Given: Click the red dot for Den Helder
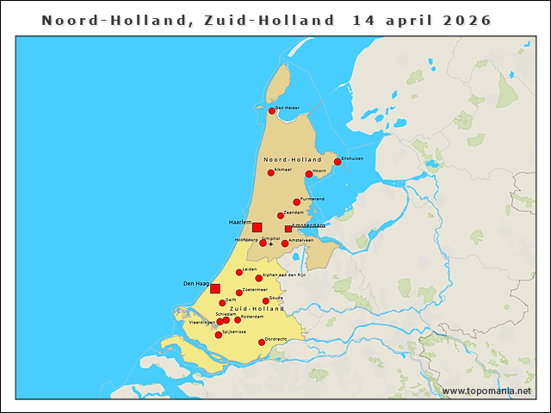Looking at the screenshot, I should [x=272, y=111].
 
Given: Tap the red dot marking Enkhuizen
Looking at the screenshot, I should [x=337, y=162].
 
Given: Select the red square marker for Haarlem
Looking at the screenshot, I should [x=257, y=227].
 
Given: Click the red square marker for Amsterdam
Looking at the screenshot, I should [x=288, y=229].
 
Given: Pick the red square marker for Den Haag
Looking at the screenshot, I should [x=215, y=288].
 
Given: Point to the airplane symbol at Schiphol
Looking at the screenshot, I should [x=271, y=243].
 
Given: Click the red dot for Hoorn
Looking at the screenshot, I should [x=309, y=174].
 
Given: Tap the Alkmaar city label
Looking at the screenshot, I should [x=282, y=170].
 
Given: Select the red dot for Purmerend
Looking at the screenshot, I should [x=296, y=202].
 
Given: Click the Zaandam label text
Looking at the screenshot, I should [x=294, y=212].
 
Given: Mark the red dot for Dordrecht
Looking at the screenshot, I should [x=262, y=342].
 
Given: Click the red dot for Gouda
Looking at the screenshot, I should [x=266, y=301].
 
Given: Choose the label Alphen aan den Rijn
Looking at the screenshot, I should [x=284, y=274].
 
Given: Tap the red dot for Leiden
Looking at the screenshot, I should [x=239, y=273].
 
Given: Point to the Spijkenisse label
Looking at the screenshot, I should [x=234, y=331].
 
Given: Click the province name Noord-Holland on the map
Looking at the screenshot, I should [x=292, y=160].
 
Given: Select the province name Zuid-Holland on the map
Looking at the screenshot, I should [x=257, y=308].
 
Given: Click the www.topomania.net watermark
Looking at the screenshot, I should [x=486, y=391].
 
